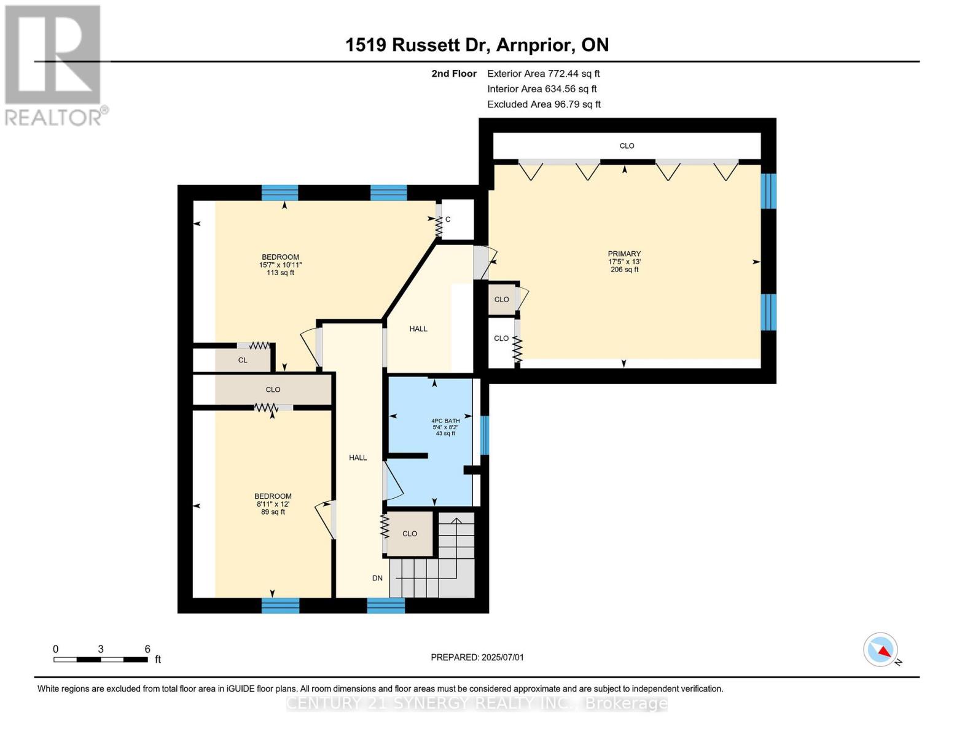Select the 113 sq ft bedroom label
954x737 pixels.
[280, 265]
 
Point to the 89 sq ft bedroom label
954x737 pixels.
[273, 504]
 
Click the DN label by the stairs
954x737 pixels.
[377, 578]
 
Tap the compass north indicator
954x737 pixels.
[881, 650]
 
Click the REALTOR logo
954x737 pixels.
[53, 65]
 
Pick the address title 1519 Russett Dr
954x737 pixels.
[477, 45]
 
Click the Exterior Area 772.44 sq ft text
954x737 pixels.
[543, 73]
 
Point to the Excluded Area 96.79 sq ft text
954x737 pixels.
[544, 104]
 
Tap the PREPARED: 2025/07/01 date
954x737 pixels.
[477, 657]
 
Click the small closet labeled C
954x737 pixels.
[448, 219]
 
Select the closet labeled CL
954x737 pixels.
[243, 360]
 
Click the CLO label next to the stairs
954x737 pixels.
[410, 534]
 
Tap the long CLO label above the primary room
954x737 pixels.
[627, 146]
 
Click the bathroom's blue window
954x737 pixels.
[484, 435]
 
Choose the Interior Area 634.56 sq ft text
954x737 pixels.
[542, 89]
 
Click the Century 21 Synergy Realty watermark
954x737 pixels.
[477, 703]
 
